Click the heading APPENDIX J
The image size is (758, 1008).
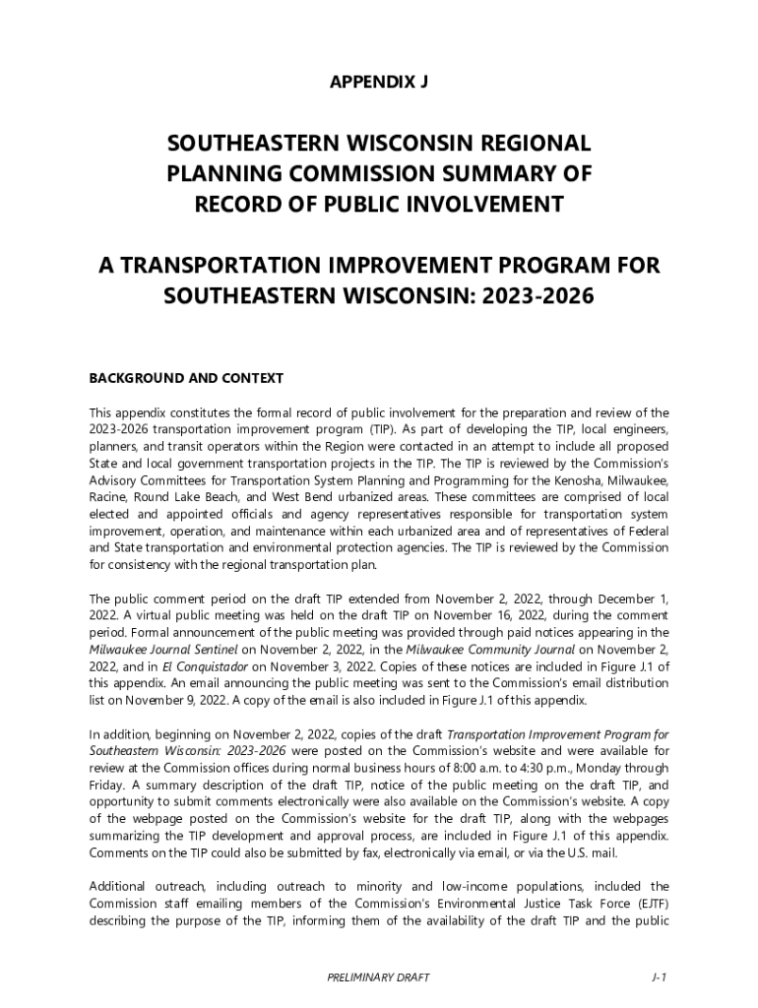[x=379, y=83]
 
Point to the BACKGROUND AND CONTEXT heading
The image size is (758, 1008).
[x=186, y=378]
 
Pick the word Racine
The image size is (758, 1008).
[x=108, y=498]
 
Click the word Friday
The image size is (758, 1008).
[x=105, y=786]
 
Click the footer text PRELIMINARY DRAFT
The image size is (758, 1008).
[x=379, y=977]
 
